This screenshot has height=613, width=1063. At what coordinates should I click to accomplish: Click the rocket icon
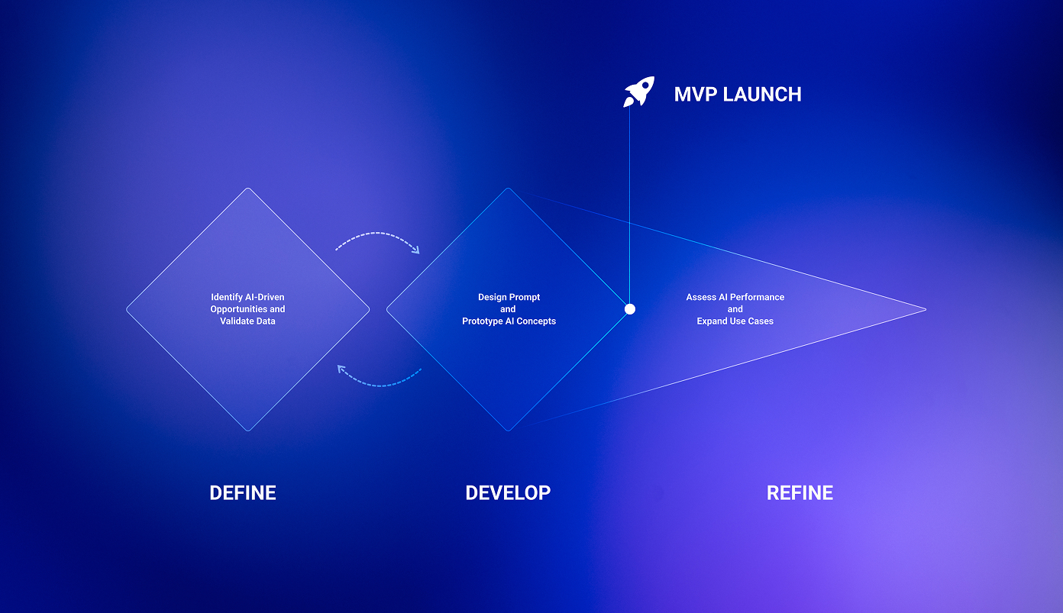coord(639,92)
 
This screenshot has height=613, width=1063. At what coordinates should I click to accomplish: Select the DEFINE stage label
coord(243,493)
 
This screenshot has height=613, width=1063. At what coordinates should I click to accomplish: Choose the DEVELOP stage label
coord(508,493)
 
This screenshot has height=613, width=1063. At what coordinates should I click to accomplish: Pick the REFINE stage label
coord(800,493)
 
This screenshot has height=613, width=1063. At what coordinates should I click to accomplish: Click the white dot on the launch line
coord(630,309)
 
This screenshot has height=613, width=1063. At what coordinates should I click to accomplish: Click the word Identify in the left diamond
coord(227,297)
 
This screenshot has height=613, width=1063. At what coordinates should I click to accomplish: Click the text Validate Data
coord(248,321)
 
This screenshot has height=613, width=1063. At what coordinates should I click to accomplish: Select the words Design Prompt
coord(509,297)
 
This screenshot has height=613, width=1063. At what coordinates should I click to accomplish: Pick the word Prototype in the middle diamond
coord(483,321)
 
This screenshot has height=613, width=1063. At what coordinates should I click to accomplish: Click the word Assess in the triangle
coord(701,297)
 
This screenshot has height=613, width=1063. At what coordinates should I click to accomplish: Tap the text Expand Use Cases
coord(735,321)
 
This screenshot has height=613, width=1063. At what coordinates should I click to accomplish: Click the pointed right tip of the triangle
coord(925,309)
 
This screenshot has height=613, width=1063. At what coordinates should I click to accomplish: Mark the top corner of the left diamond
coord(248,189)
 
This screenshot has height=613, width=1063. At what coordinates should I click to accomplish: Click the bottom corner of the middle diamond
coord(508,430)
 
